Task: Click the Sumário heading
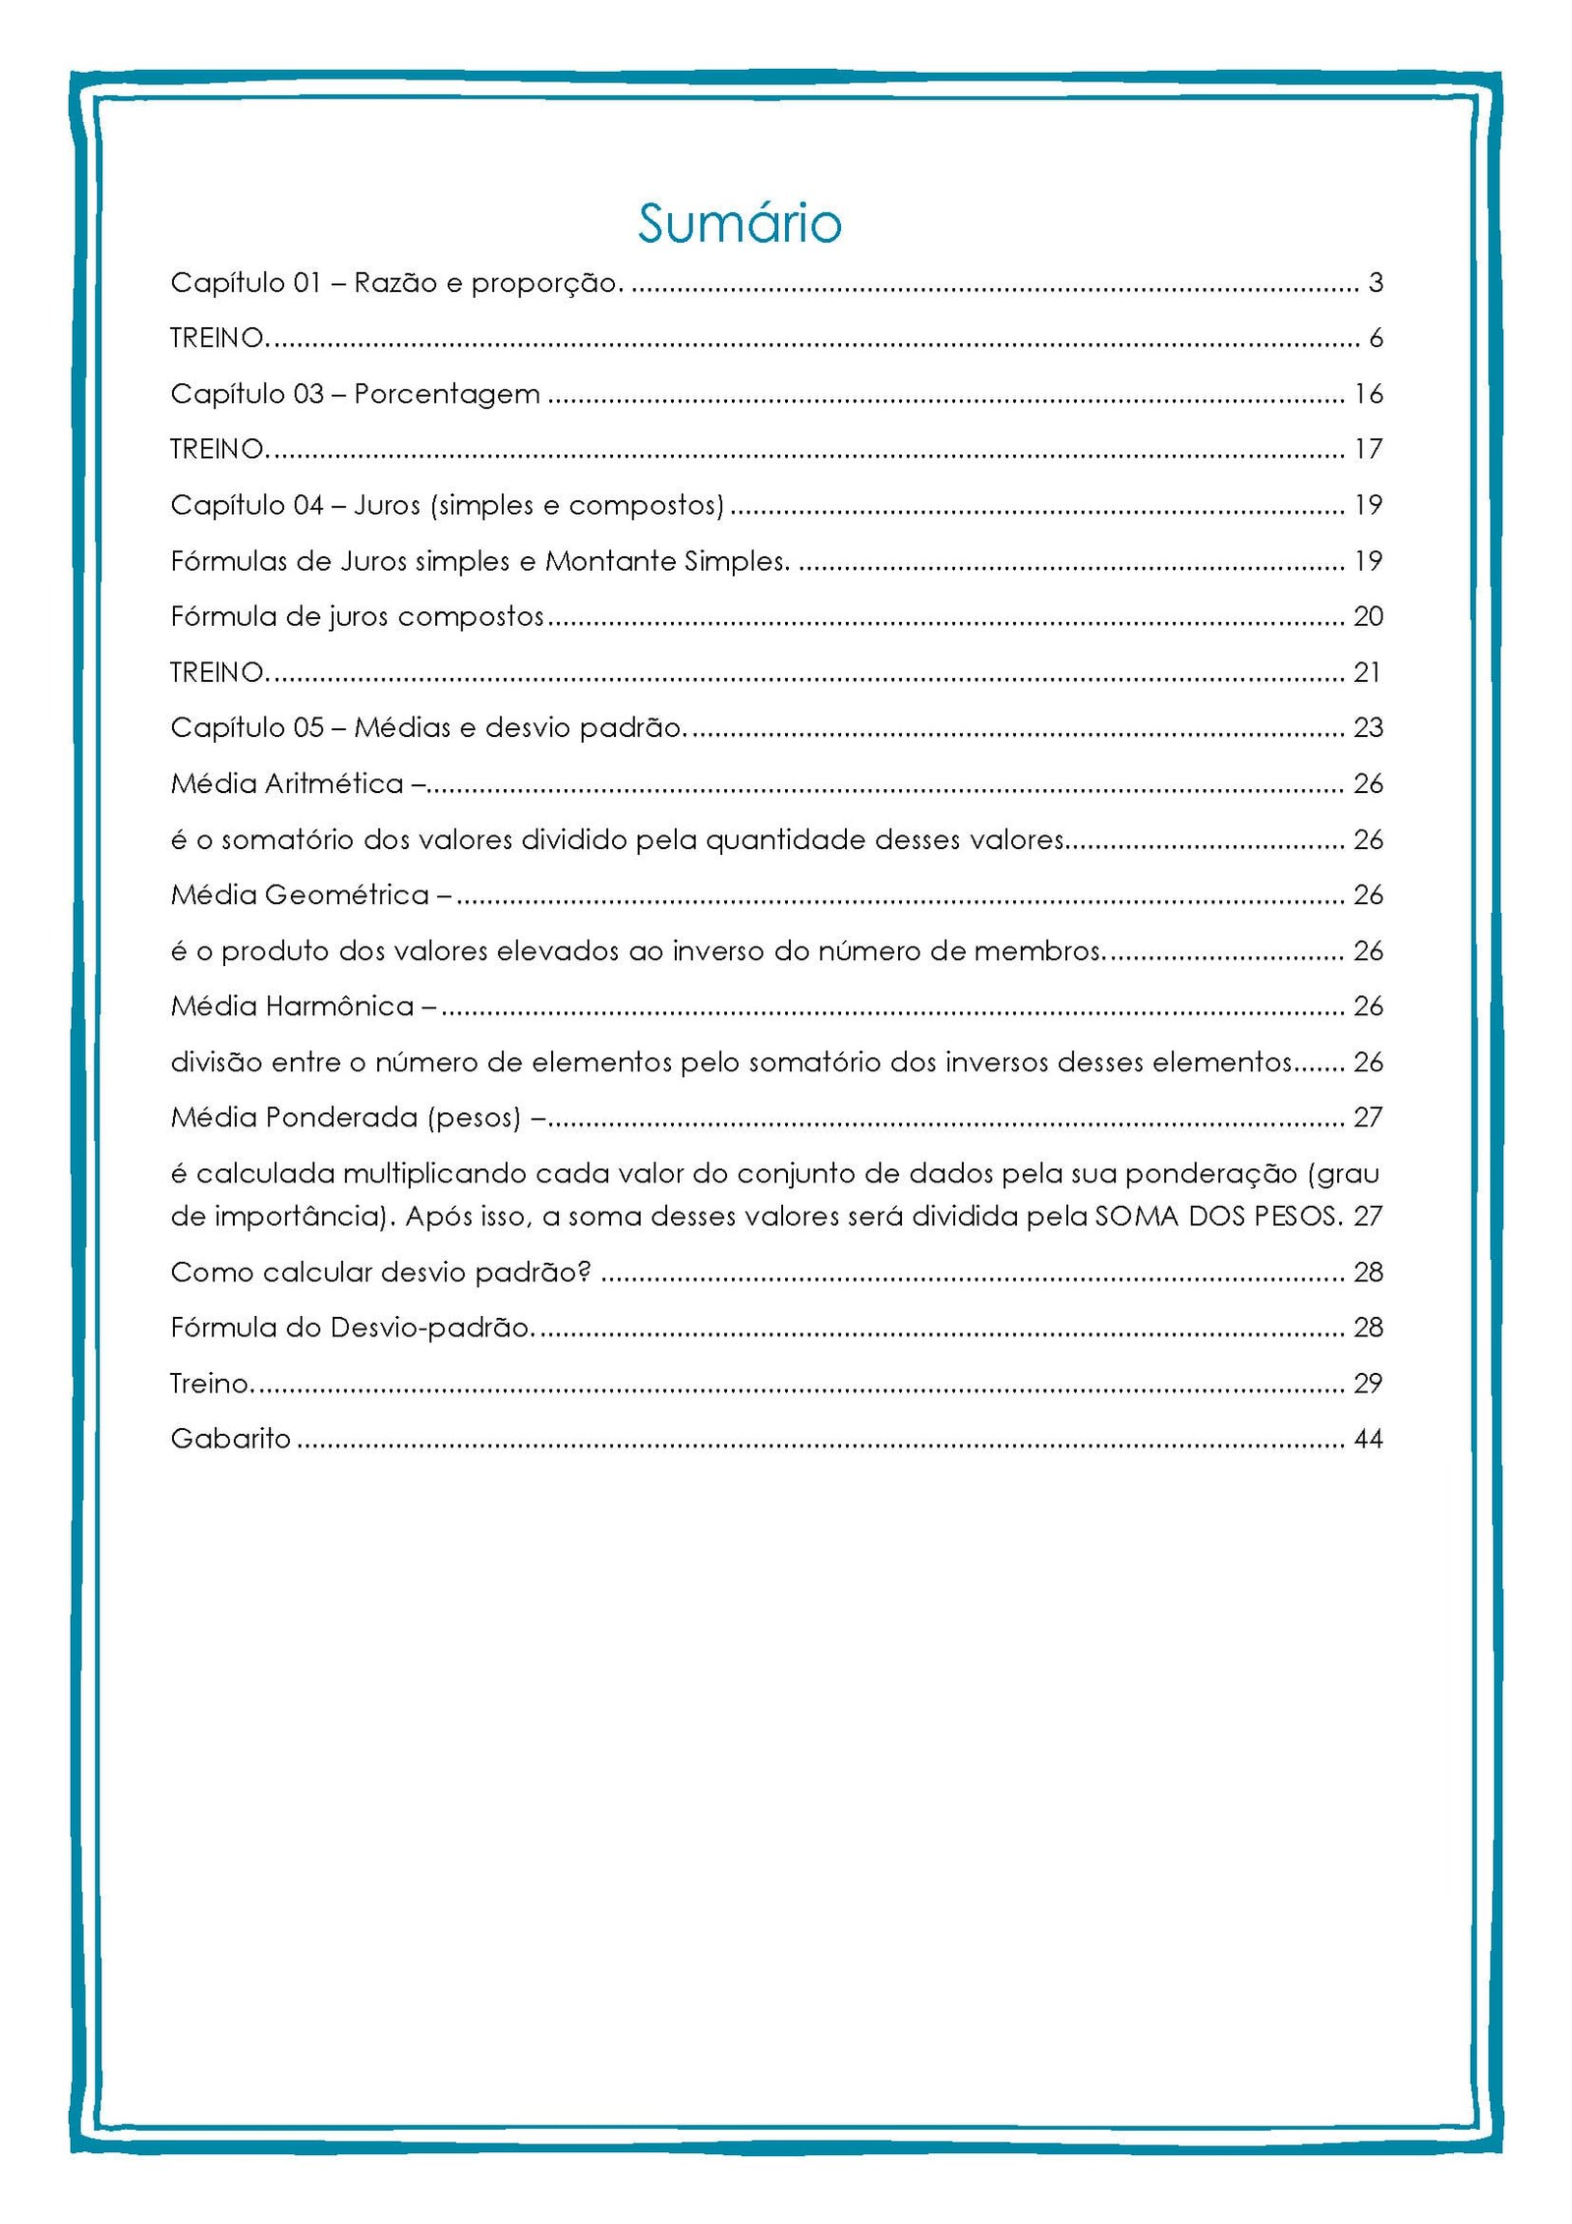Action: tap(739, 223)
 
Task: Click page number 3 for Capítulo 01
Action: tap(1375, 283)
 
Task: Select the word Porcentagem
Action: tap(447, 394)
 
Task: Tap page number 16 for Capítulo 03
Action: tap(1368, 394)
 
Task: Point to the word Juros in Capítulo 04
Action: tap(387, 505)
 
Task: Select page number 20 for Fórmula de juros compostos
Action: tap(1368, 616)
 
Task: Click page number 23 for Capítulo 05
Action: tap(1368, 727)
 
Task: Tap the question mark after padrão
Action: tap(585, 1273)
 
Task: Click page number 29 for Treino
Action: tap(1368, 1384)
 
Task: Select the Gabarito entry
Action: tap(231, 1439)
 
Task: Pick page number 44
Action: tap(1368, 1439)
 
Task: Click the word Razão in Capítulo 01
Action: tap(389, 283)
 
